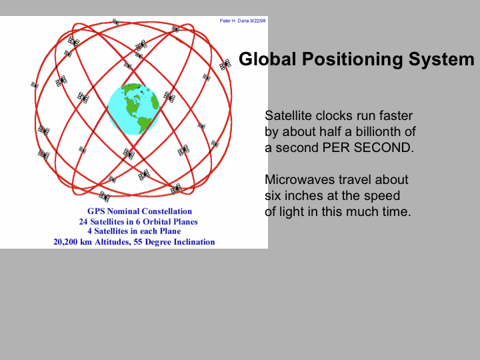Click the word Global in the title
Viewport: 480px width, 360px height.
267,59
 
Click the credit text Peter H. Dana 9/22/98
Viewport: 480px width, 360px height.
243,21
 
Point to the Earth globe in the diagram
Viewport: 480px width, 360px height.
134,109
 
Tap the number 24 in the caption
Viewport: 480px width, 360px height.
83,221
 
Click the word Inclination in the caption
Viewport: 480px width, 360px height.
195,242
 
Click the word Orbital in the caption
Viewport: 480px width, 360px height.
157,221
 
